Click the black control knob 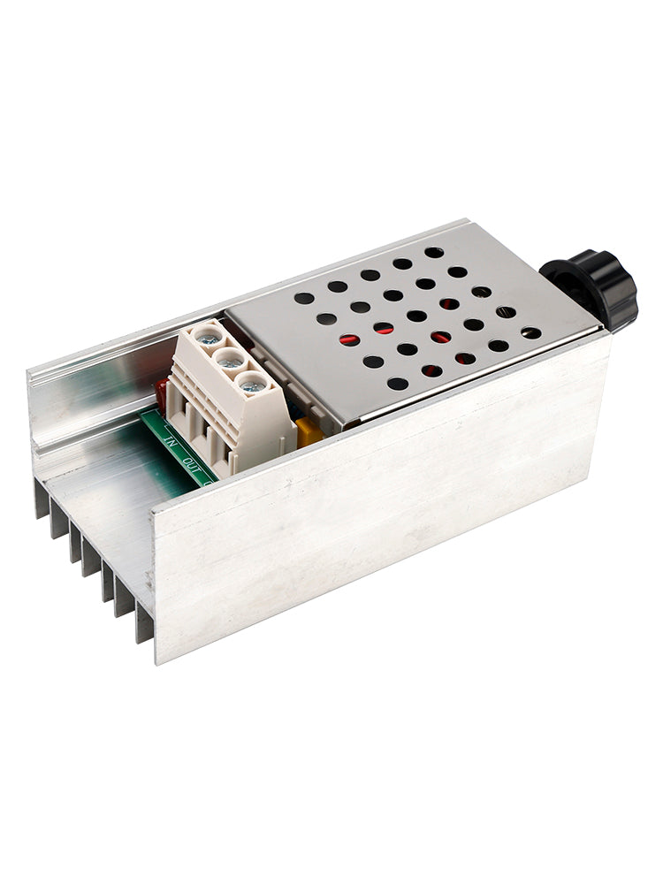click(591, 287)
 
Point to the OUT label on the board click(187, 461)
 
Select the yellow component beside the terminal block click(309, 431)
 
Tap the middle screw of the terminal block click(230, 359)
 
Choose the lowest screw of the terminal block click(252, 383)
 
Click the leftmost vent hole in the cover click(303, 299)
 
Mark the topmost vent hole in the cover click(434, 252)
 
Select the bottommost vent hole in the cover click(398, 384)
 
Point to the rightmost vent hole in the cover click(530, 333)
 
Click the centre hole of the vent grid click(416, 316)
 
